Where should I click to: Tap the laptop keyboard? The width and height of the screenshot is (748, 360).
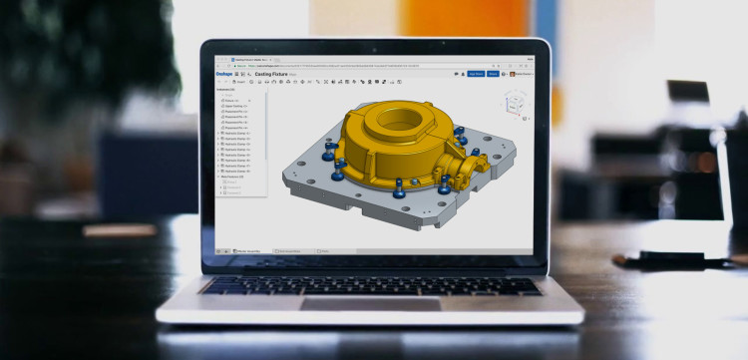tap(369, 285)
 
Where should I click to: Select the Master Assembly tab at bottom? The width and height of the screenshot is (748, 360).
tap(248, 251)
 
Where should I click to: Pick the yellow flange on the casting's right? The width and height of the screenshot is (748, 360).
tap(469, 165)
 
